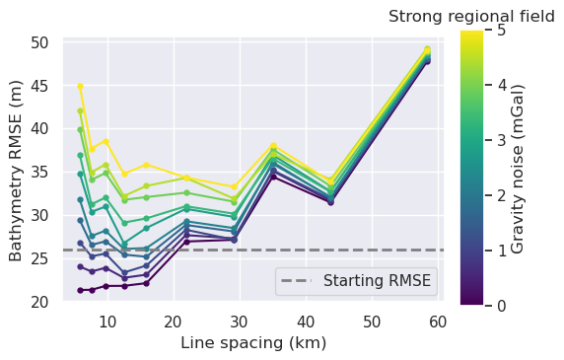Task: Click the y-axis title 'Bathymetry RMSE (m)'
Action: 16,170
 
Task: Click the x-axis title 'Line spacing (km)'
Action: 253,343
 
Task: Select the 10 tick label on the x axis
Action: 107,321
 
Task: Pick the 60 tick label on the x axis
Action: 438,321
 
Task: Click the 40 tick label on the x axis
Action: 306,321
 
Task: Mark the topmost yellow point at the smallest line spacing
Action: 81,87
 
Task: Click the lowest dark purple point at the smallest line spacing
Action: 81,290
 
